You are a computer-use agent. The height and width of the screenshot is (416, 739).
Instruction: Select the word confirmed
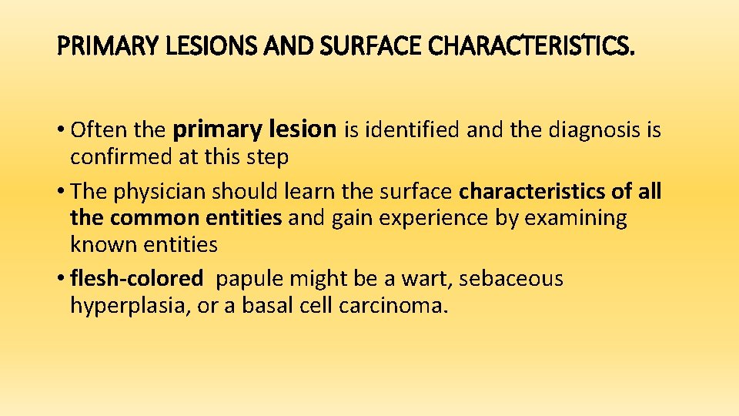(x=119, y=157)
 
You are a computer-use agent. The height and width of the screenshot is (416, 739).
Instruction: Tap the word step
(x=268, y=157)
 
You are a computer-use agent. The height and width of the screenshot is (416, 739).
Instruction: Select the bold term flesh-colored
(x=136, y=279)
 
